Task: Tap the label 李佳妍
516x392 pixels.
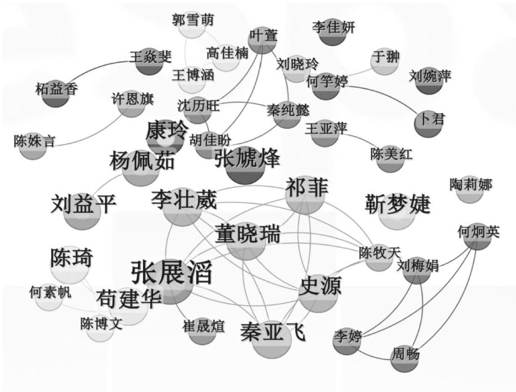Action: coord(334,27)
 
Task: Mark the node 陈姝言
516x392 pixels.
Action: coord(34,142)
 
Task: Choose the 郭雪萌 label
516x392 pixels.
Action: coord(193,19)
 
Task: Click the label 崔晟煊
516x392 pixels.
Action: coord(202,326)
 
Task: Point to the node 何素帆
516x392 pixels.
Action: coord(50,293)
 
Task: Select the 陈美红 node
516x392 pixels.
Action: coord(391,154)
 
